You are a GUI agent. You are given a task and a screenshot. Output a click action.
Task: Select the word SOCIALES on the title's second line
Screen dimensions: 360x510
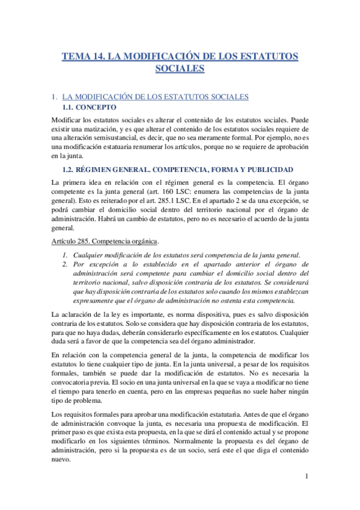[180, 69]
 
